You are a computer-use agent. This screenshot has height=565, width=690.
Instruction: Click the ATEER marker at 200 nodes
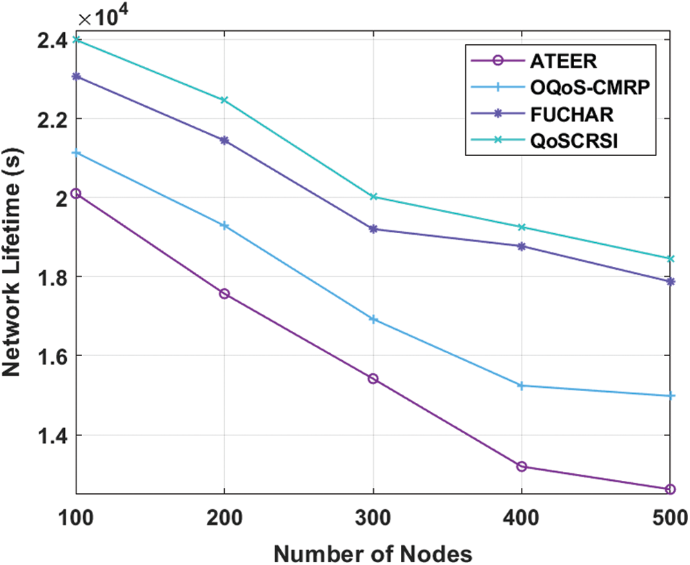(x=224, y=294)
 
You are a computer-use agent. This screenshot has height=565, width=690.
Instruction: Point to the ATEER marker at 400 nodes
(x=522, y=466)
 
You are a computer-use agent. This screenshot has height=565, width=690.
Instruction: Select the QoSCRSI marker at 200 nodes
(x=224, y=100)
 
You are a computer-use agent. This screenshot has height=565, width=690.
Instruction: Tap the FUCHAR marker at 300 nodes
(x=373, y=228)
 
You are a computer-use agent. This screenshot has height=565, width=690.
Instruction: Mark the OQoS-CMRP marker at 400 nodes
(x=522, y=386)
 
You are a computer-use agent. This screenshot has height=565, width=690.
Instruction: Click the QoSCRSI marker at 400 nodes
(x=522, y=227)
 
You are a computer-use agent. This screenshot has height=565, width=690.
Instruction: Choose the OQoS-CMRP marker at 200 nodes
(x=224, y=226)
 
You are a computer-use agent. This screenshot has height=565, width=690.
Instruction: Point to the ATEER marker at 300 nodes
(x=373, y=379)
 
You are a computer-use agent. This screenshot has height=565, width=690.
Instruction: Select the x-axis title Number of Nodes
(x=373, y=552)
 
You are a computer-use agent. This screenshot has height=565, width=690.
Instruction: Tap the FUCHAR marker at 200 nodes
(x=224, y=140)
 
